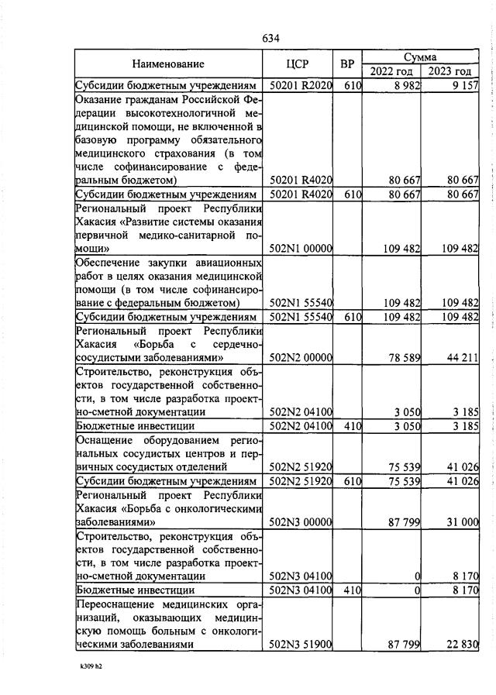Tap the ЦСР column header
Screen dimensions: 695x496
[x=298, y=64]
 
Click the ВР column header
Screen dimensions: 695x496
[x=347, y=64]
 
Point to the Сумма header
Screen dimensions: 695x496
[x=421, y=57]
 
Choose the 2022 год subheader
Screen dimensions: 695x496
[x=391, y=72]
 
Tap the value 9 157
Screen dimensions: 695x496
[x=463, y=85]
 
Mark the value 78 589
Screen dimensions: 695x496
[x=400, y=358]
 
